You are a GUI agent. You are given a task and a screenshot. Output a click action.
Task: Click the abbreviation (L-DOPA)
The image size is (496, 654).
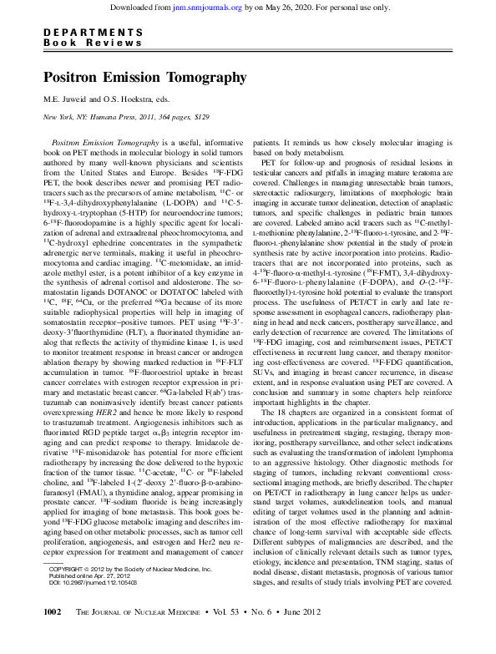pyautogui.click(x=159, y=202)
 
